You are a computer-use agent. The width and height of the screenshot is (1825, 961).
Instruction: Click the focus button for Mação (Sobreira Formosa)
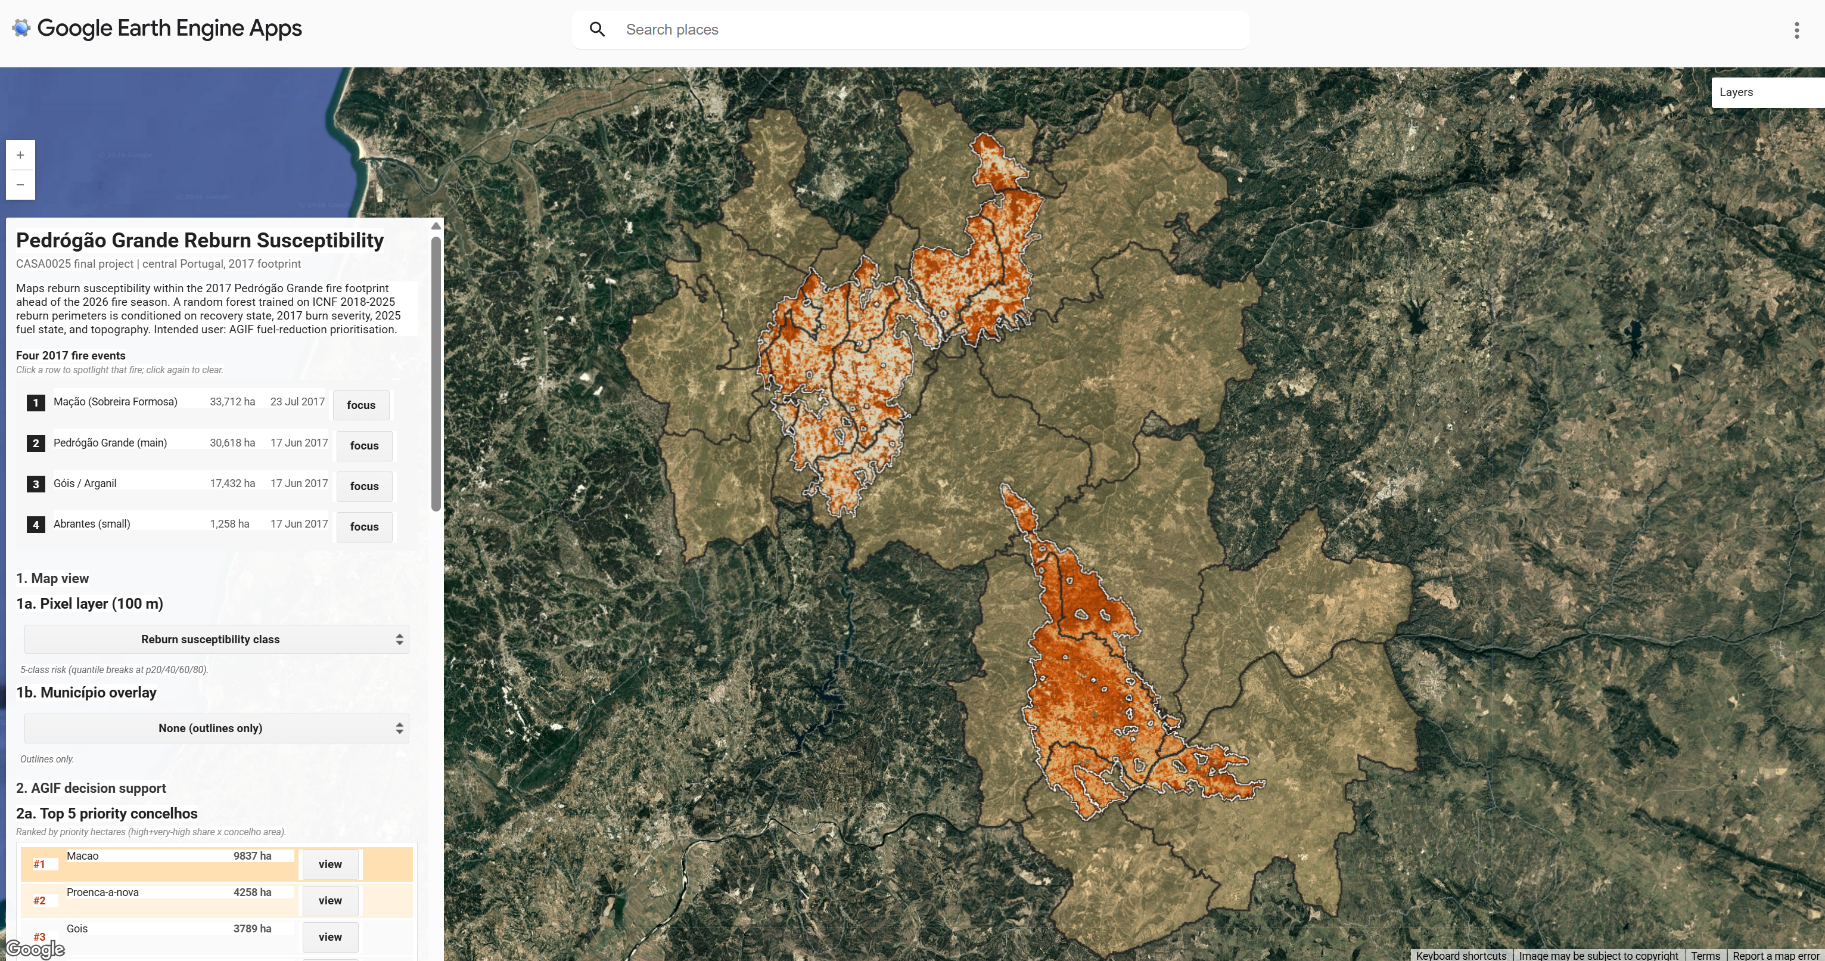360,405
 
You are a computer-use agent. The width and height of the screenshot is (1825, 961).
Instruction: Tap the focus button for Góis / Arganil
364,486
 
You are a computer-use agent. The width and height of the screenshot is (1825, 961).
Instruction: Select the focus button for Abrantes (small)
364,526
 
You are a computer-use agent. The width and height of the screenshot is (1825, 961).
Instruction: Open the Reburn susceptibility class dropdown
216,639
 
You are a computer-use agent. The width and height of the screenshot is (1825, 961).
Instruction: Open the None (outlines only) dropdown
216,728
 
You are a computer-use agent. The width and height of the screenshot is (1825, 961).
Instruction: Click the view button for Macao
330,864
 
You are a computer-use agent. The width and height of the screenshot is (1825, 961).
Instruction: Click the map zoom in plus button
20,155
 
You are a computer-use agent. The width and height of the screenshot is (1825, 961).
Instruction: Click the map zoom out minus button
20,185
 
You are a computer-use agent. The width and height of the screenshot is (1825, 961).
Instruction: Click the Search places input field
921,30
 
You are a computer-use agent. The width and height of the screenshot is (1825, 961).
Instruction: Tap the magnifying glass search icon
597,30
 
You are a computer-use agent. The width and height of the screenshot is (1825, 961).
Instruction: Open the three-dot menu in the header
1796,30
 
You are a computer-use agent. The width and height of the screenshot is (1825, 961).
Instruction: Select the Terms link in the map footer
1705,955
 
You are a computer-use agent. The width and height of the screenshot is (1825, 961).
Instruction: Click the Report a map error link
1776,955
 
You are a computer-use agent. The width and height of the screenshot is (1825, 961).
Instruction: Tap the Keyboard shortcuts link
1461,955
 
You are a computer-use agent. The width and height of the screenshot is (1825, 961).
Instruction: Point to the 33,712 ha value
232,402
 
